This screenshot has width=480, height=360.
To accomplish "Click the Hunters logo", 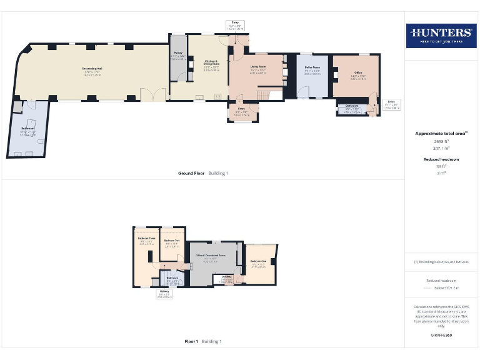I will (x=441, y=36).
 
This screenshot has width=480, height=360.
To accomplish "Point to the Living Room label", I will (x=258, y=67).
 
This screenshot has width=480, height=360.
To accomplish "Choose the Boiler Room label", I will (x=312, y=68).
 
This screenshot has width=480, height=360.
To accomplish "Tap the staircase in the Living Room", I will (x=266, y=94).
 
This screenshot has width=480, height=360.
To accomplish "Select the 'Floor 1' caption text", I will (x=191, y=342).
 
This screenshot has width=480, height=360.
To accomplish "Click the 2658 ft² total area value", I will (x=441, y=142).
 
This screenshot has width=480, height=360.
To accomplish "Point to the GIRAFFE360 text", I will (x=441, y=336).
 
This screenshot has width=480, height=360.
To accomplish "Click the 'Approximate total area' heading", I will (x=441, y=133).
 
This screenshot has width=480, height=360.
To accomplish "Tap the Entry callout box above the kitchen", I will (x=235, y=24).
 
